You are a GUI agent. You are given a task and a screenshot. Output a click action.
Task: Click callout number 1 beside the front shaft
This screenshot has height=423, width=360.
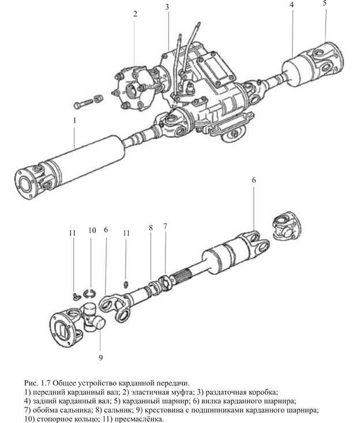tap(74, 121)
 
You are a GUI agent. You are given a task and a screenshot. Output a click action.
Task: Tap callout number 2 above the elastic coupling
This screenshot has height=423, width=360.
tap(135, 14)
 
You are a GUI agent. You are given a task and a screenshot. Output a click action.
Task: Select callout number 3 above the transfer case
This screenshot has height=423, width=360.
tap(167, 7)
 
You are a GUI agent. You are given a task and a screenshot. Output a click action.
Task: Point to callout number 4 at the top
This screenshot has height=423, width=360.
tap(292, 5)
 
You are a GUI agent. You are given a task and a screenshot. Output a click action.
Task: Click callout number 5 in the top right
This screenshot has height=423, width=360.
tap(325, 3)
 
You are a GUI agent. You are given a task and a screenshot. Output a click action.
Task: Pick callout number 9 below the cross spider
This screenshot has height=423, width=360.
tap(100, 358)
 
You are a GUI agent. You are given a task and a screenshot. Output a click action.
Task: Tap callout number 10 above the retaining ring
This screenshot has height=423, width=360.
tap(92, 231)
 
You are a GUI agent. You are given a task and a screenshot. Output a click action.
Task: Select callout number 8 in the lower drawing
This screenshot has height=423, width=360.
tap(151, 228)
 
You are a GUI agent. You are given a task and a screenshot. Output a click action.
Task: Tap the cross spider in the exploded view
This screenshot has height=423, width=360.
tap(92, 319)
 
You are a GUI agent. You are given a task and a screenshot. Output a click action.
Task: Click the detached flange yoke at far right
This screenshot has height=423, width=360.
tap(285, 224)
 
